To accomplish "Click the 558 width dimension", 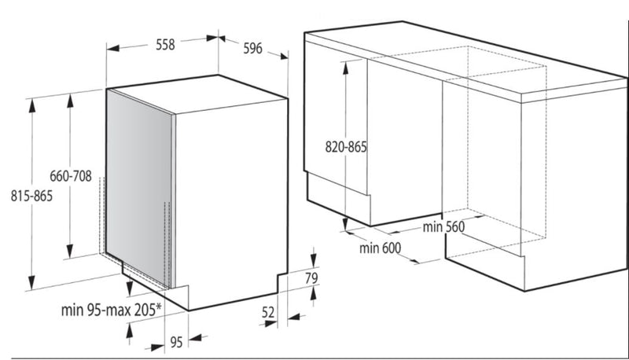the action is [165, 45].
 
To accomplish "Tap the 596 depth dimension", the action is [252, 49].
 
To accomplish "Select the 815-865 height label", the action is [31, 196].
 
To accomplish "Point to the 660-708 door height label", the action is [71, 176].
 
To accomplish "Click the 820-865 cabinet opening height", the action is [346, 147].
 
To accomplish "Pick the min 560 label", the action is [443, 227].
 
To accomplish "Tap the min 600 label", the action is [380, 248].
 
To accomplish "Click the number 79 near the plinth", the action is [311, 278].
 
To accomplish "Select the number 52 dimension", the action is [268, 312].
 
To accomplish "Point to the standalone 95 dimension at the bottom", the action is [176, 343].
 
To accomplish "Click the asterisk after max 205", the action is [159, 307].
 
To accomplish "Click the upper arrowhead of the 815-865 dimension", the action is [32, 105].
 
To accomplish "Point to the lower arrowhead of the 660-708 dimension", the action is [70, 251].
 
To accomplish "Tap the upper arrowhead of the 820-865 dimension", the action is [345, 68].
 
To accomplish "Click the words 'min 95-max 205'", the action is [108, 310].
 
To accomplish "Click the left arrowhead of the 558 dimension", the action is [113, 49].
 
